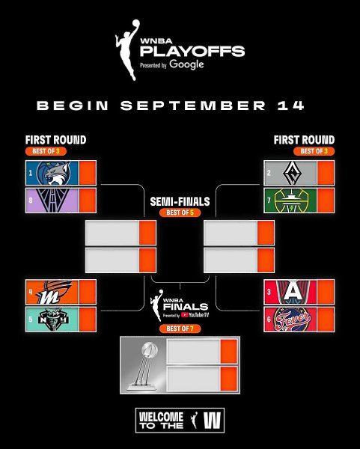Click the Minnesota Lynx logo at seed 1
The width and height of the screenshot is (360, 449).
tap(54, 173)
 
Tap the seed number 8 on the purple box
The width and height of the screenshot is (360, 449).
tap(31, 200)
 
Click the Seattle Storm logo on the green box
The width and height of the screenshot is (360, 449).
tap(291, 201)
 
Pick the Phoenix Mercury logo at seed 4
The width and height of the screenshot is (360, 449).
tap(54, 292)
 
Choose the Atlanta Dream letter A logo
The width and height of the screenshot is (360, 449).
tap(293, 292)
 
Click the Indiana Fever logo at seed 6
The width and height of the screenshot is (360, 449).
tap(292, 320)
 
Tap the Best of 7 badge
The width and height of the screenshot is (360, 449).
tap(180, 329)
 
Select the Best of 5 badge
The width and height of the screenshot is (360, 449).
tap(180, 213)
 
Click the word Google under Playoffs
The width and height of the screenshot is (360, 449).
tap(186, 64)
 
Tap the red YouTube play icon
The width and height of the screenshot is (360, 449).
tap(184, 315)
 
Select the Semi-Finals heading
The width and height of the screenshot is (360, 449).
tap(180, 201)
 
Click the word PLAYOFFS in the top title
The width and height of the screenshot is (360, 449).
tap(192, 51)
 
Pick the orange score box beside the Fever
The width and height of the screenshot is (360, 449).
tap(326, 320)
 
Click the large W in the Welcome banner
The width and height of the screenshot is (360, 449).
tap(213, 421)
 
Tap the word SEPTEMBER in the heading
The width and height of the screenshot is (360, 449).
tap(193, 106)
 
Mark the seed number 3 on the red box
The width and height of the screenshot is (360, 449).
tap(269, 292)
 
